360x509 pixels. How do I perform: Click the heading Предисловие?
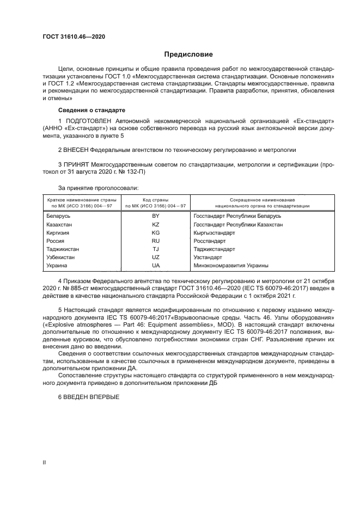[x=189, y=54]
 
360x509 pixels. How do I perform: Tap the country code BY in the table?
[x=156, y=216]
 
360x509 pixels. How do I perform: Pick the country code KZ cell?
[x=156, y=224]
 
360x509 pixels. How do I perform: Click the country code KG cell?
[x=156, y=232]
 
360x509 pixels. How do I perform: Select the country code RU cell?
[x=156, y=241]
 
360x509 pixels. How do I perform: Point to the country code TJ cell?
[x=156, y=249]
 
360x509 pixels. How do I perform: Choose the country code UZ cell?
[x=156, y=257]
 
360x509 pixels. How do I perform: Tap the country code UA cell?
[x=156, y=265]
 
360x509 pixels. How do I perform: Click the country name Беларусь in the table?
[x=60, y=216]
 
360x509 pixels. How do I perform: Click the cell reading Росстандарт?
[x=210, y=241]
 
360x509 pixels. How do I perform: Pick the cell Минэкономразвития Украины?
[x=231, y=265]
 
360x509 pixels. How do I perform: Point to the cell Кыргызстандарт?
[x=215, y=232]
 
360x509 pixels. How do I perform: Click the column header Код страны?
[x=156, y=200]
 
